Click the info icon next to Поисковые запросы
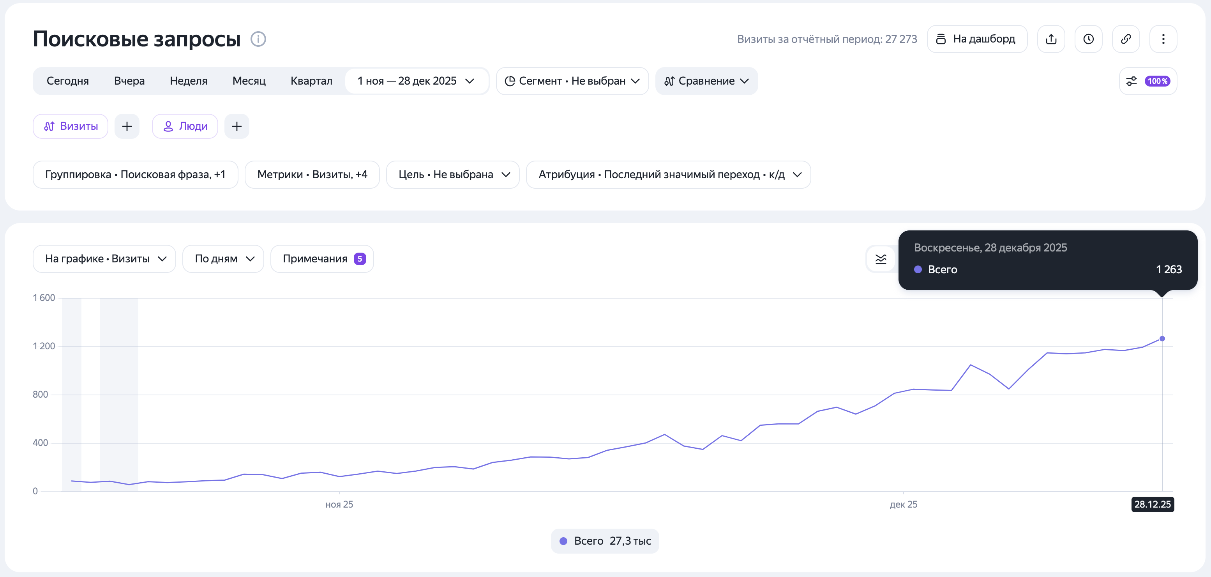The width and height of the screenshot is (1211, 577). click(258, 39)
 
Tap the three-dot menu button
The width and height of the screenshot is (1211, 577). click(1163, 39)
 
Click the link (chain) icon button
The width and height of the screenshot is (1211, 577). click(1126, 39)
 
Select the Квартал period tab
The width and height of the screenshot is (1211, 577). click(311, 81)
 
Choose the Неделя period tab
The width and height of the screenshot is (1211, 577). click(189, 81)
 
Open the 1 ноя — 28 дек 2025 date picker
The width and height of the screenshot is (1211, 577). click(416, 81)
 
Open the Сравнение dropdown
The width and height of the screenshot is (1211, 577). click(706, 81)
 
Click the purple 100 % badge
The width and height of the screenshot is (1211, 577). click(1157, 81)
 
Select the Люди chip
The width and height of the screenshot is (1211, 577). click(185, 126)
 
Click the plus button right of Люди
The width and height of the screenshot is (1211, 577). click(237, 126)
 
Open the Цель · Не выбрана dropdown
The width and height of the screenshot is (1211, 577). click(453, 174)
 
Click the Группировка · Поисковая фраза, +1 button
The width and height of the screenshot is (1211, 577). click(135, 174)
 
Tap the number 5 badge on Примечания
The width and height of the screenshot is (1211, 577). click(360, 258)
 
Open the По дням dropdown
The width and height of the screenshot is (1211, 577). click(223, 258)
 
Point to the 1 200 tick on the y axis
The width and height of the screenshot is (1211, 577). click(44, 346)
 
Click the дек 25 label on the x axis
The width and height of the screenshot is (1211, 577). click(904, 504)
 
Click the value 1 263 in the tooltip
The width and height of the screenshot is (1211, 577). click(1169, 269)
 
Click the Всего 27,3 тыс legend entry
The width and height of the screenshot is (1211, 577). click(605, 541)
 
